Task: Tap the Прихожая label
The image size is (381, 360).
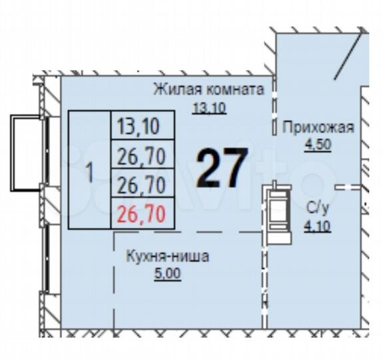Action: coord(318,127)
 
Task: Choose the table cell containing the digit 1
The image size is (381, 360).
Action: coord(89,171)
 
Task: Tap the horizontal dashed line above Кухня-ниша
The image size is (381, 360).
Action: coord(187,233)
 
